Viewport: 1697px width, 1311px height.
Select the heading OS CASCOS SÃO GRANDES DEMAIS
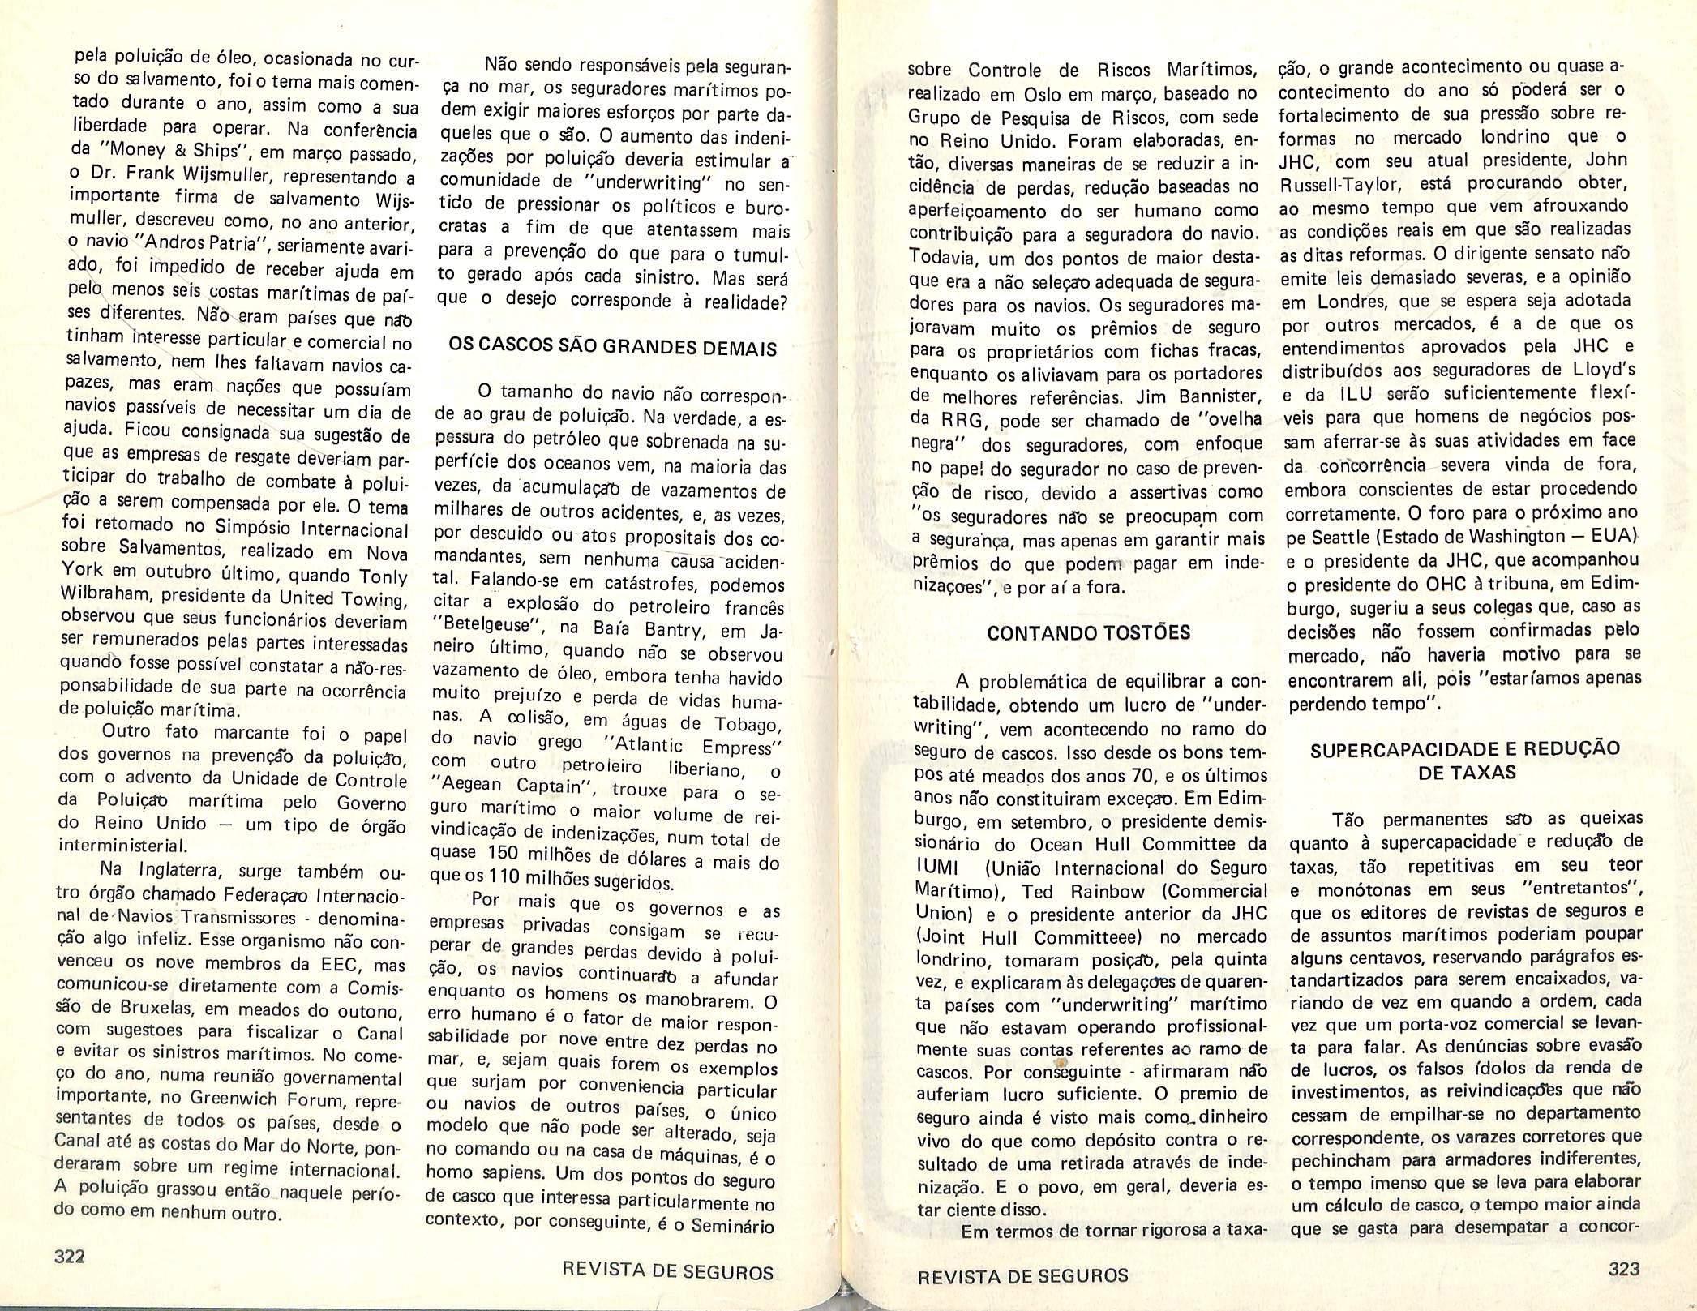pyautogui.click(x=612, y=349)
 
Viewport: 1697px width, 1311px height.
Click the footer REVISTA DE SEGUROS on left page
pyautogui.click(x=667, y=1272)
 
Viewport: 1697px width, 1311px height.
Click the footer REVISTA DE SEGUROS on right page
pyautogui.click(x=1022, y=1276)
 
